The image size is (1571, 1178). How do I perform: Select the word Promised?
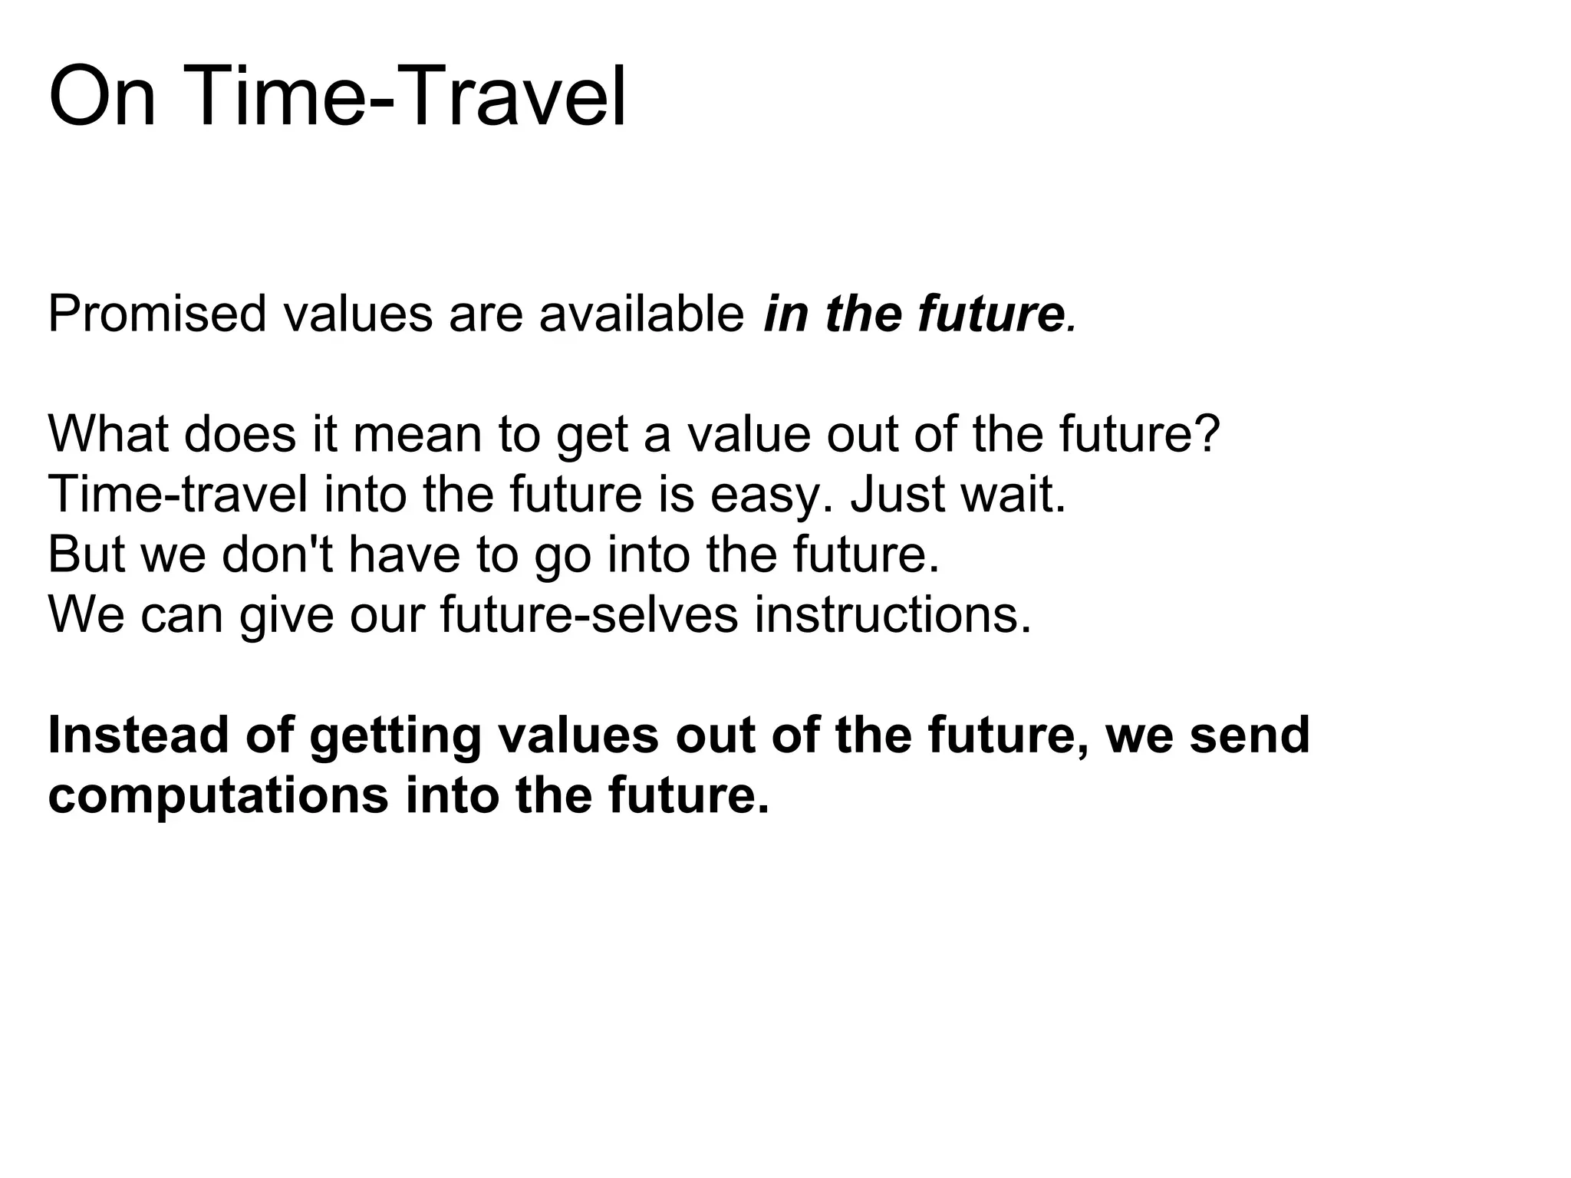point(156,314)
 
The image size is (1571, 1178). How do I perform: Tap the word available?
point(641,314)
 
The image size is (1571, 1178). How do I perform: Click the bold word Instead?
point(138,735)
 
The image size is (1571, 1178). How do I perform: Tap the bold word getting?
point(395,736)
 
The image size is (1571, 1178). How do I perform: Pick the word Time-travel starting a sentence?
point(178,494)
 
